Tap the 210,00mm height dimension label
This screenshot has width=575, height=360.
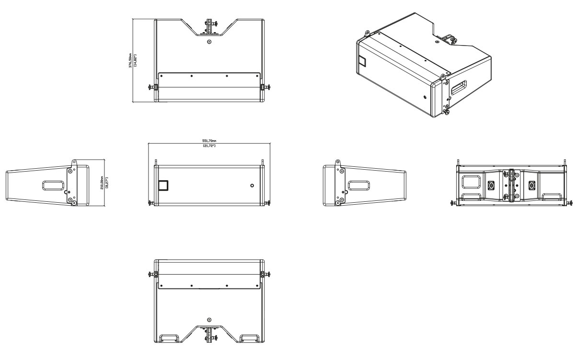[108, 183]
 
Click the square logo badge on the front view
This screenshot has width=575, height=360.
[163, 185]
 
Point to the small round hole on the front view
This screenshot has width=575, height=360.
[252, 185]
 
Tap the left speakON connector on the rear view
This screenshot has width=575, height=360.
[491, 185]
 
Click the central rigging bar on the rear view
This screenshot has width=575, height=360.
[511, 185]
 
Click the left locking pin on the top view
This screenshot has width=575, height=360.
[154, 87]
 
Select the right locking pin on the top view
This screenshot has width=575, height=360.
[264, 87]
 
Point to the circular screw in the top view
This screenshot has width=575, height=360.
[209, 42]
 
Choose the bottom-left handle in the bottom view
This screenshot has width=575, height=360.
[171, 337]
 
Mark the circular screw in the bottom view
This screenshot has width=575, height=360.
[209, 320]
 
